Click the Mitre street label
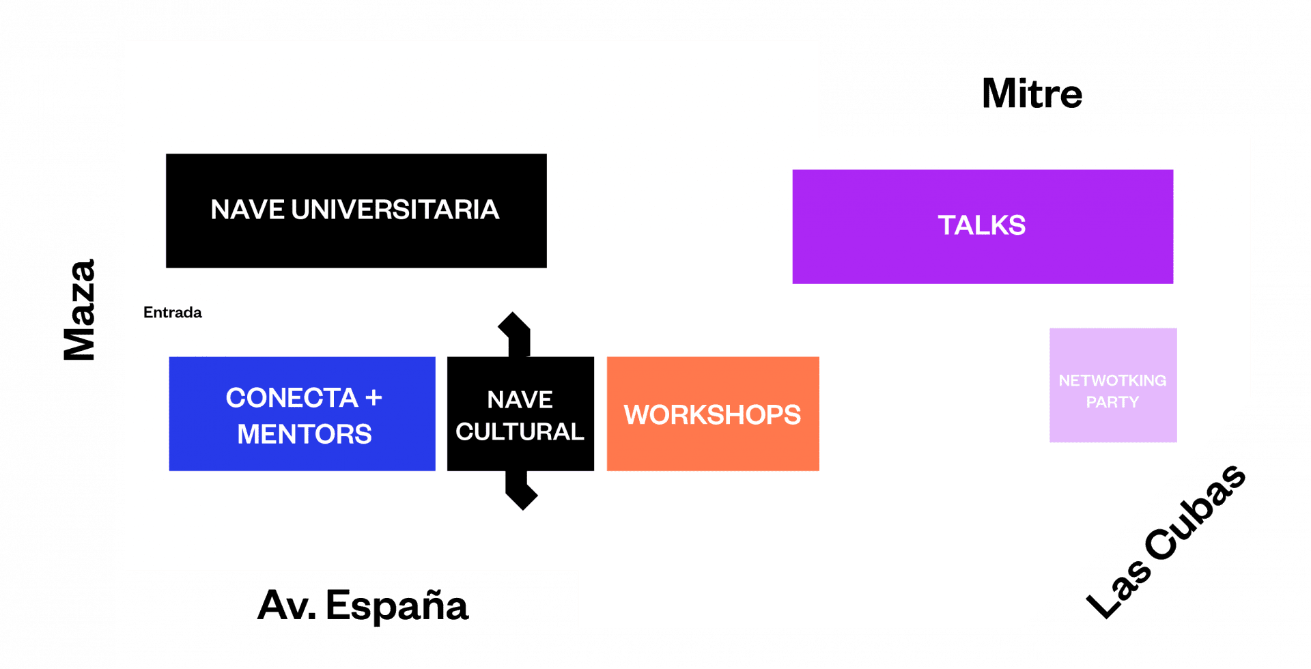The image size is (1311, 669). pos(1032,94)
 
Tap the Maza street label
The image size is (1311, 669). pos(80,309)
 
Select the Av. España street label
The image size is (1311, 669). pos(363,605)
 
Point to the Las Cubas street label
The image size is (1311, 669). pos(1166,541)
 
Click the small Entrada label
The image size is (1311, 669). pos(173,313)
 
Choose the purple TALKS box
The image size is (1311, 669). pos(983,227)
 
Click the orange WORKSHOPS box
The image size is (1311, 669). pos(713,414)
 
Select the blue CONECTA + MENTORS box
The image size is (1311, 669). pos(302,414)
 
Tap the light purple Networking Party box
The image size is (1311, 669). pos(1113,385)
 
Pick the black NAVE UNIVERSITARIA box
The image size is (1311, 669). pos(356,210)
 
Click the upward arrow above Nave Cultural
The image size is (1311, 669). pos(517,334)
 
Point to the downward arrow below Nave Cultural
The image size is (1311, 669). pos(521,490)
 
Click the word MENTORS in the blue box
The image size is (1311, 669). pos(305,434)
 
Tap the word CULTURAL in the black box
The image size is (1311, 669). pos(520,431)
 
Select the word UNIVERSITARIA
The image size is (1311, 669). pos(395,210)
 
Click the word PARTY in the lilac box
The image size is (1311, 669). pos(1113,402)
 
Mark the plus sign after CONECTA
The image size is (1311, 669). pos(373,398)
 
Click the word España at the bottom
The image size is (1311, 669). pos(397,605)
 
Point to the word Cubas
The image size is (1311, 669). pos(1196,512)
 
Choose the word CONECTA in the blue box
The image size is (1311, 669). pos(292,398)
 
